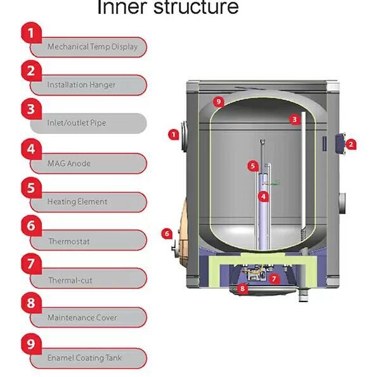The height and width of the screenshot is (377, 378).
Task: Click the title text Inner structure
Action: (x=167, y=8)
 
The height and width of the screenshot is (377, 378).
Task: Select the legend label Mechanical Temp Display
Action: (x=92, y=47)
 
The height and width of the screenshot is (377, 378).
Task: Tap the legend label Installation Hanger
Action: (x=81, y=84)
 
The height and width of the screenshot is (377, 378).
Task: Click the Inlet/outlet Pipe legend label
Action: (x=76, y=122)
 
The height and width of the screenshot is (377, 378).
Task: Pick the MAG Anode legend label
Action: (x=68, y=163)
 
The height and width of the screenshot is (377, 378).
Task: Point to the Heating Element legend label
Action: (x=77, y=201)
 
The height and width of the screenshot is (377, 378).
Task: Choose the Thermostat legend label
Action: (x=69, y=241)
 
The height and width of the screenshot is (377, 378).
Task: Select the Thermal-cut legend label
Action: (x=70, y=280)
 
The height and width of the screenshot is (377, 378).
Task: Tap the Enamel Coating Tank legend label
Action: (x=84, y=358)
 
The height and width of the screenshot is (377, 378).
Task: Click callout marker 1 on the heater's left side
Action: (x=173, y=134)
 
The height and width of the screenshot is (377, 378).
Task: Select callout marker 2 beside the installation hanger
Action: (x=350, y=144)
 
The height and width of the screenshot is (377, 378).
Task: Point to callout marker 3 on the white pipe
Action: (x=294, y=119)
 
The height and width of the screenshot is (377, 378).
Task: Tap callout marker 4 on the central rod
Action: (x=264, y=197)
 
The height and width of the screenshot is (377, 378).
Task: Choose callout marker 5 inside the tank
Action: (x=252, y=166)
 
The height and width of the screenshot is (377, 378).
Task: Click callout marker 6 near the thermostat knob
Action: (x=167, y=233)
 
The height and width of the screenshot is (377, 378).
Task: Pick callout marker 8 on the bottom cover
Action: (x=242, y=289)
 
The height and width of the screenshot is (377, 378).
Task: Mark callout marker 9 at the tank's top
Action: (x=218, y=102)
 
